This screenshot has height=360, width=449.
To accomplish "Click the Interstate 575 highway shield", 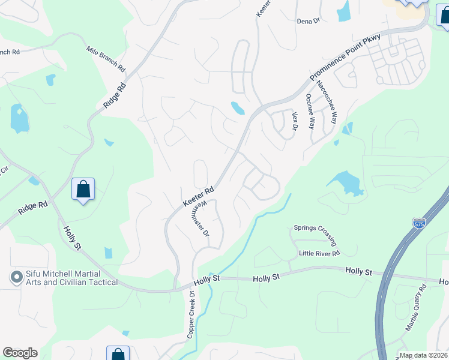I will pyautogui.click(x=419, y=223).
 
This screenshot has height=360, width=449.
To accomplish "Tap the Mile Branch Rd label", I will pyautogui.click(x=105, y=58).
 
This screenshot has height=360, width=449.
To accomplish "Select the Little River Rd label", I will pyautogui.click(x=319, y=254).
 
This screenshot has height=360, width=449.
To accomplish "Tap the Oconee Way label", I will pyautogui.click(x=310, y=112).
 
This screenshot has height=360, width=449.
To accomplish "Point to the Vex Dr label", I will pyautogui.click(x=295, y=121).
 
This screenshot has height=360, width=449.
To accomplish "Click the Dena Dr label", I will pyautogui.click(x=309, y=21).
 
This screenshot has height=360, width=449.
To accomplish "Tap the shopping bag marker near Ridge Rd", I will pyautogui.click(x=83, y=190).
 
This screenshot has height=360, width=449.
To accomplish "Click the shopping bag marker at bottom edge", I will pyautogui.click(x=118, y=354).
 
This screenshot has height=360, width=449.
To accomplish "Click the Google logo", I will pyautogui.click(x=20, y=353).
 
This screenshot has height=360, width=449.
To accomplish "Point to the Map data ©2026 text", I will pyautogui.click(x=423, y=355).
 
